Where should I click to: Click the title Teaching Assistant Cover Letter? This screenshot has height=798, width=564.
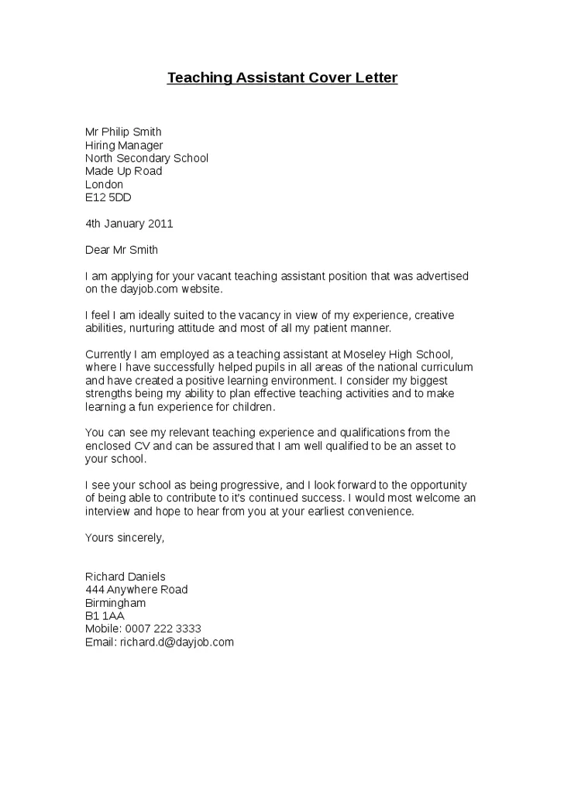click(x=282, y=78)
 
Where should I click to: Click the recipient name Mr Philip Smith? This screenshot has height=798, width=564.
click(x=123, y=132)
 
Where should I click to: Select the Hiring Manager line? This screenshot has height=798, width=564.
click(x=124, y=145)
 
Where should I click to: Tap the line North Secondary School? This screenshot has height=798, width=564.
click(x=146, y=158)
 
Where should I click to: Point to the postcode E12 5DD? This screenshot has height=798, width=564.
click(x=108, y=197)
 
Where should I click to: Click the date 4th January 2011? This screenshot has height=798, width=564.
click(x=129, y=224)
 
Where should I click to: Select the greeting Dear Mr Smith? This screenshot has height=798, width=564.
click(x=121, y=250)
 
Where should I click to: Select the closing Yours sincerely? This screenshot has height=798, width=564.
click(x=125, y=537)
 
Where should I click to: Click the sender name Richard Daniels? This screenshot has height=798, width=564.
click(x=126, y=577)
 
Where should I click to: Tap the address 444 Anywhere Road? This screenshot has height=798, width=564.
click(x=136, y=590)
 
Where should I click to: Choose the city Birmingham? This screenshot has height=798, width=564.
click(x=115, y=603)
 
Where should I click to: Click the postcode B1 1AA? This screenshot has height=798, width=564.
click(x=105, y=616)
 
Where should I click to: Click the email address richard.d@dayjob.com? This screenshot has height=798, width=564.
click(x=177, y=642)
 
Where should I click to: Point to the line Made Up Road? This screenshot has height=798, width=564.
click(x=123, y=171)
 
